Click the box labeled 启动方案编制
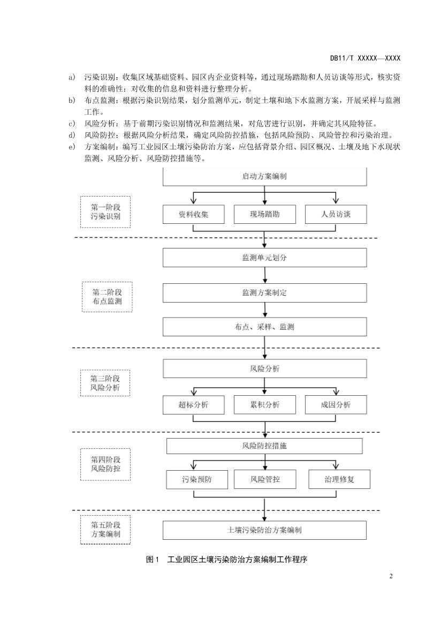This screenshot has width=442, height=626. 264,176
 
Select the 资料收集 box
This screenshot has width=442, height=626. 193,215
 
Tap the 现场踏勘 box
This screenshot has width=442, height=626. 264,215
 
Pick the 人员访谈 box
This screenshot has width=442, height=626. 336,215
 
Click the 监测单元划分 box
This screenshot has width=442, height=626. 264,258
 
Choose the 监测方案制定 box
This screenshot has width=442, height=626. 264,293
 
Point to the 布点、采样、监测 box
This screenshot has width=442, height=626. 264,327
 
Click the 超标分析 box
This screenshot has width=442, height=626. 193,405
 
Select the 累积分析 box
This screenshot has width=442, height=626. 264,405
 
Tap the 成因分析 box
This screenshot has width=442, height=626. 336,405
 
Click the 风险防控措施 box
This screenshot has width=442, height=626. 264,446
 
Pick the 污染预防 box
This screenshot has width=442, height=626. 196,479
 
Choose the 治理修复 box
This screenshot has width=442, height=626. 339,479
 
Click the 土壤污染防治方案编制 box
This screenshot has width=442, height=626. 264,530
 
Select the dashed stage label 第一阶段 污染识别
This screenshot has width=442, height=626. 105,212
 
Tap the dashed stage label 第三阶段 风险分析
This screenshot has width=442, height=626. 105,382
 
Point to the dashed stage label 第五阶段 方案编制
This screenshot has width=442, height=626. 105,529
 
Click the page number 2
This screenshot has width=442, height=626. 391,576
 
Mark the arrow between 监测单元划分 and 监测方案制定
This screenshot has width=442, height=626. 265,275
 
